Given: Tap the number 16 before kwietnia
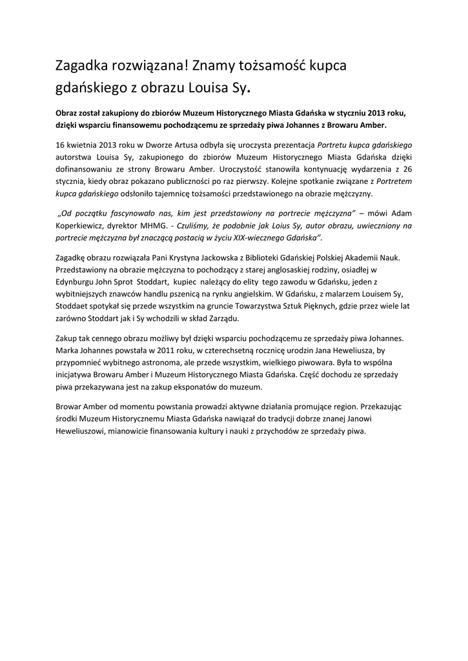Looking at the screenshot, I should point(61,144).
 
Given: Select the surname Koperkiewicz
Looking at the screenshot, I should point(83,226).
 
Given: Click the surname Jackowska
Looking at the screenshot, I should point(225,258).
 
